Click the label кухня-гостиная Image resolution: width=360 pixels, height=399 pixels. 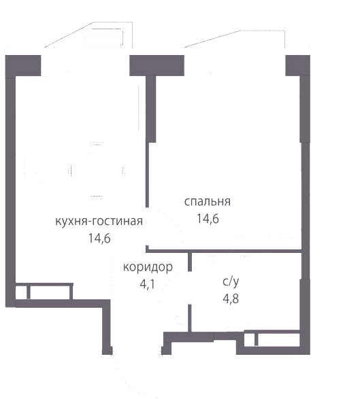(x=99, y=222)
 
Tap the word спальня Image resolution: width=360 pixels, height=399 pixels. (x=208, y=201)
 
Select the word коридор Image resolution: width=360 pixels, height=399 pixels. (x=148, y=267)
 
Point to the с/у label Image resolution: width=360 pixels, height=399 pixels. (x=231, y=281)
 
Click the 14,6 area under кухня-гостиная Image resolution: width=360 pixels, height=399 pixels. (x=99, y=239)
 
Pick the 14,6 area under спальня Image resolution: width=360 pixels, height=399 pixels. (x=208, y=219)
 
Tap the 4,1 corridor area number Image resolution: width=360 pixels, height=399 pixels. (x=147, y=284)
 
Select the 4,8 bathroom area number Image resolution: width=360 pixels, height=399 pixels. (x=231, y=299)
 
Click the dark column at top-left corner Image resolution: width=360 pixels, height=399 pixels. (x=23, y=66)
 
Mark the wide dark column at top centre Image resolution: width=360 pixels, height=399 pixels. (x=157, y=66)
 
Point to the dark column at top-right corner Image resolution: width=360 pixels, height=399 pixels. (x=297, y=66)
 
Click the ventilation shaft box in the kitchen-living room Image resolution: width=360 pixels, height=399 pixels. (x=44, y=292)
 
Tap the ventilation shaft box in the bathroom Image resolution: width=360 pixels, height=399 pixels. (x=272, y=339)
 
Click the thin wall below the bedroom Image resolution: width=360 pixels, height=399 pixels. (x=224, y=251)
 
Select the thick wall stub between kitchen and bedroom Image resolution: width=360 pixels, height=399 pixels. (x=151, y=109)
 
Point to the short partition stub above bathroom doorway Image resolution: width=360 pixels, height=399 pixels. (x=190, y=262)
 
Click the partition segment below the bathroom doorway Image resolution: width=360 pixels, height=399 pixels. (x=190, y=318)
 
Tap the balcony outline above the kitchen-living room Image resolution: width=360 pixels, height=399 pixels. (x=88, y=35)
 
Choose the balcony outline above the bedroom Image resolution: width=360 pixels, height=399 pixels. (x=235, y=39)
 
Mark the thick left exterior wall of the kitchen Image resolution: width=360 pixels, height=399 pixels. (x=10, y=192)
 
